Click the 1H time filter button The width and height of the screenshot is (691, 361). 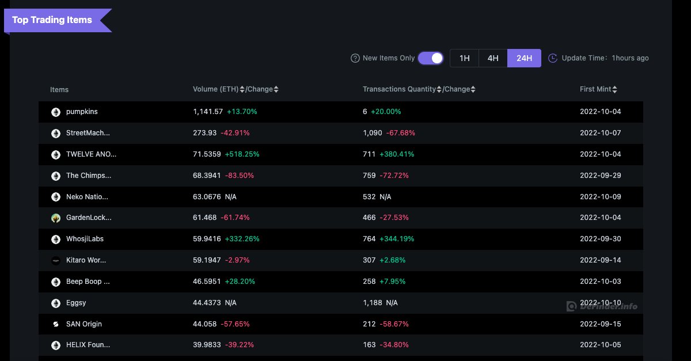pyautogui.click(x=464, y=58)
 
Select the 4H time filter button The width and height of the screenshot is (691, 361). pyautogui.click(x=493, y=58)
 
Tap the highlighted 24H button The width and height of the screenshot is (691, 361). pyautogui.click(x=524, y=58)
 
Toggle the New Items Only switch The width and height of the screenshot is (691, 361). pyautogui.click(x=431, y=58)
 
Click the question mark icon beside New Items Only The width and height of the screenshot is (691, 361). pyautogui.click(x=355, y=58)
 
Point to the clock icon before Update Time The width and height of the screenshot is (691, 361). pyautogui.click(x=552, y=58)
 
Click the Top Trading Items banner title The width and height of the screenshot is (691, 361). pyautogui.click(x=52, y=20)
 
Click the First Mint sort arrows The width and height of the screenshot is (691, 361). pyautogui.click(x=614, y=89)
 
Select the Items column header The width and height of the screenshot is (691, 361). pyautogui.click(x=59, y=89)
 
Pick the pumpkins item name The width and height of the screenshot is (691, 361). pyautogui.click(x=82, y=111)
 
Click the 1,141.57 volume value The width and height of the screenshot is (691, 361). pyautogui.click(x=208, y=111)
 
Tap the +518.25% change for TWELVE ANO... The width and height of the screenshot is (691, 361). pyautogui.click(x=242, y=154)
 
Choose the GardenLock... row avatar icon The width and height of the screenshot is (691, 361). pyautogui.click(x=56, y=218)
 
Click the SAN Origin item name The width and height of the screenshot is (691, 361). pyautogui.click(x=84, y=324)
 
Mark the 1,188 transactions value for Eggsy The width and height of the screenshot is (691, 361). pyautogui.click(x=373, y=303)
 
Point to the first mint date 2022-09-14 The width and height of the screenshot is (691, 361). pyautogui.click(x=600, y=260)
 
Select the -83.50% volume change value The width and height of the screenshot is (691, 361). pyautogui.click(x=240, y=175)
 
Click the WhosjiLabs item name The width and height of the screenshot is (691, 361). pyautogui.click(x=85, y=239)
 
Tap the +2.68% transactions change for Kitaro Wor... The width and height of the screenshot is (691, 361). pyautogui.click(x=392, y=260)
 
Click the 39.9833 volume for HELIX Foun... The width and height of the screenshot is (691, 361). pyautogui.click(x=207, y=345)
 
